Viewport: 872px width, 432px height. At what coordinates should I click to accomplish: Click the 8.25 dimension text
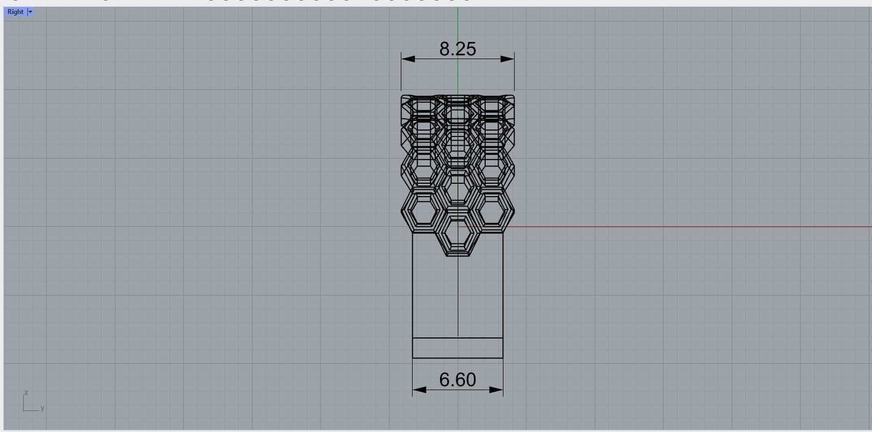click(458, 49)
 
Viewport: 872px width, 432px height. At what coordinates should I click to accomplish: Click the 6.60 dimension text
click(458, 380)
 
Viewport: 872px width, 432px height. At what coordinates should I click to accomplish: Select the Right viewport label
click(15, 12)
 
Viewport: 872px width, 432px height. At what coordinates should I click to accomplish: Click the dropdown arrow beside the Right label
click(30, 12)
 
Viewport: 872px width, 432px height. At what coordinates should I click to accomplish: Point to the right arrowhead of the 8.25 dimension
click(508, 59)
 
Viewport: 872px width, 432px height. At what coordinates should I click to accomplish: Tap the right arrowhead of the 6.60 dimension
click(497, 390)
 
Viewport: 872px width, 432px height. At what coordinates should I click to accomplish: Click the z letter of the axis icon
click(26, 393)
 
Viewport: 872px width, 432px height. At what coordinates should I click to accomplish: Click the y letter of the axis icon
click(42, 408)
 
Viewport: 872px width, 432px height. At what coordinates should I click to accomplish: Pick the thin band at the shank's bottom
click(458, 348)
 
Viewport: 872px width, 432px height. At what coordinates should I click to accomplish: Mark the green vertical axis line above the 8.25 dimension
click(458, 24)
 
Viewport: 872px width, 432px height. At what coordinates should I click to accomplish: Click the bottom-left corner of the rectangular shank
click(413, 358)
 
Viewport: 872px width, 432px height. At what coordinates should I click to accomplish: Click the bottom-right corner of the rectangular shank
click(503, 358)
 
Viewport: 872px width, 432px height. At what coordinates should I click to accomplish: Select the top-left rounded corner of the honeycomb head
click(403, 97)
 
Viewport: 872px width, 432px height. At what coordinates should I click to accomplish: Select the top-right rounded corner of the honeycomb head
click(513, 97)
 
